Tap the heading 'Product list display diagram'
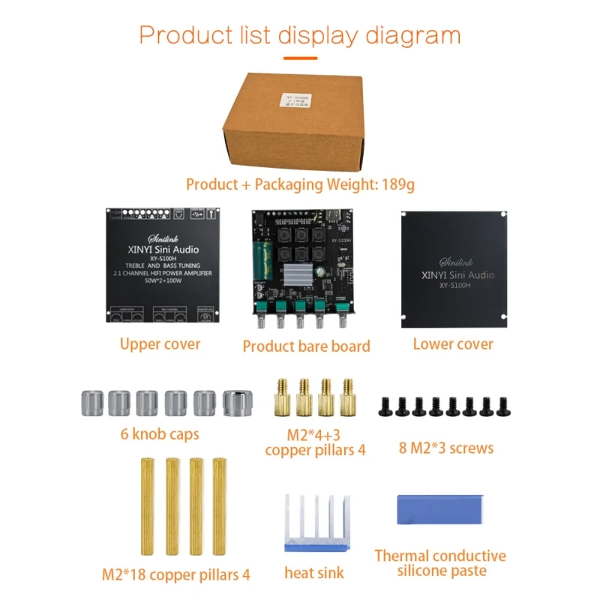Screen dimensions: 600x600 point(300,35)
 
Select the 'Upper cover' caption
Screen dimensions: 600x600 point(160,344)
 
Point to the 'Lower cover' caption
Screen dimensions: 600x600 point(453,344)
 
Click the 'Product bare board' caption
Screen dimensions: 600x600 point(306,346)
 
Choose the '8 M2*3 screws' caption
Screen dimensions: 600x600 point(446,448)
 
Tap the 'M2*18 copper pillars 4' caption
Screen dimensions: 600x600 point(175,575)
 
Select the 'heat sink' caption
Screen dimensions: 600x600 point(314,574)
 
